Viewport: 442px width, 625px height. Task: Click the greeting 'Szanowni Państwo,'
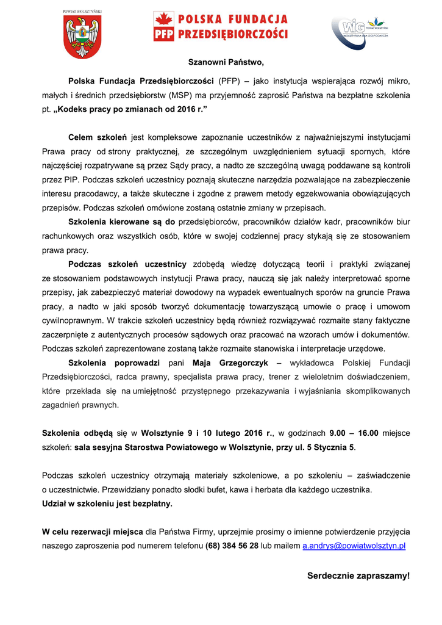pyautogui.click(x=226, y=62)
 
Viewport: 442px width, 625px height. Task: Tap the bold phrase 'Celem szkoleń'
pyautogui.click(x=98, y=137)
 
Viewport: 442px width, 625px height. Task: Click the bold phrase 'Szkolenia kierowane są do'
pyautogui.click(x=122, y=222)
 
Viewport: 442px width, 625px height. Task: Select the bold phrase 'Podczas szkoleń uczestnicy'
pyautogui.click(x=127, y=264)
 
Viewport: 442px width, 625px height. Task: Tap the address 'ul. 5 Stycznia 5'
pyautogui.click(x=326, y=447)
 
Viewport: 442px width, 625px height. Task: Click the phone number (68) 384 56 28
pyautogui.click(x=232, y=546)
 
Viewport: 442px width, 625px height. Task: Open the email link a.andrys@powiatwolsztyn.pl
pyautogui.click(x=354, y=546)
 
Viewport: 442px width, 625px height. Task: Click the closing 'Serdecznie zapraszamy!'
pyautogui.click(x=358, y=576)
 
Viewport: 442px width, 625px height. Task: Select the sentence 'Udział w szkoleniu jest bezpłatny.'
pyautogui.click(x=107, y=504)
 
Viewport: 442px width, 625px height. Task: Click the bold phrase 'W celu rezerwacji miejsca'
pyautogui.click(x=93, y=532)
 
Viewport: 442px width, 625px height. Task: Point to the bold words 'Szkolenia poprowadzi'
pyautogui.click(x=114, y=363)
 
